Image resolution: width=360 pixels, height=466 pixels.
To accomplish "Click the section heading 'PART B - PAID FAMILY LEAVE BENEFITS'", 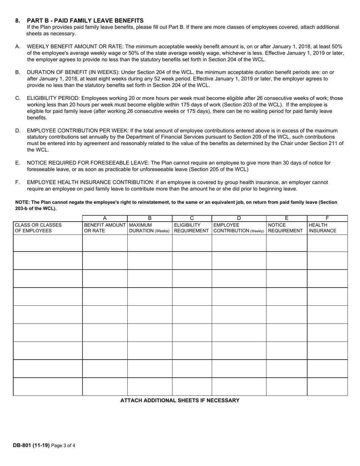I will pyautogui.click(x=85, y=20).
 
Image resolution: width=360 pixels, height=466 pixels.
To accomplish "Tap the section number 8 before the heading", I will pyautogui.click(x=17, y=20).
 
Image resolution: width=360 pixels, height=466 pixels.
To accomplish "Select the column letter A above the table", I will pyautogui.click(x=105, y=218).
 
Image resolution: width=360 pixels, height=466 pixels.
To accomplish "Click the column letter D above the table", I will pyautogui.click(x=239, y=218).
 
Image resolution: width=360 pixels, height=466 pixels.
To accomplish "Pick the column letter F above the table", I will pyautogui.click(x=327, y=218).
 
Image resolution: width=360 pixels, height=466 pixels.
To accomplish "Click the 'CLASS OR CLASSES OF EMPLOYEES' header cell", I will pyautogui.click(x=38, y=228).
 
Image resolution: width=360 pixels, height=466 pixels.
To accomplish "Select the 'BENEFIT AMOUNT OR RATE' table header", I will pyautogui.click(x=105, y=228).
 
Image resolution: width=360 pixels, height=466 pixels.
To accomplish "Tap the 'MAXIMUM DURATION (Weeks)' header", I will pyautogui.click(x=149, y=228).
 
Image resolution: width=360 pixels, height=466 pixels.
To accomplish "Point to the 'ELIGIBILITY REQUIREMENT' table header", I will pyautogui.click(x=191, y=228).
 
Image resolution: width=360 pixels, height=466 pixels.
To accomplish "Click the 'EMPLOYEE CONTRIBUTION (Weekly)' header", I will pyautogui.click(x=239, y=228).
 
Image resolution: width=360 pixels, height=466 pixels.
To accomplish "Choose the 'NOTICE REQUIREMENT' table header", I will pyautogui.click(x=286, y=228).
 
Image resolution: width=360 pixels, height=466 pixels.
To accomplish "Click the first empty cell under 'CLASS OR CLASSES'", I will pyautogui.click(x=48, y=243).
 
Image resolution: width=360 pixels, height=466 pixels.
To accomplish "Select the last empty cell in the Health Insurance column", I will pyautogui.click(x=327, y=386).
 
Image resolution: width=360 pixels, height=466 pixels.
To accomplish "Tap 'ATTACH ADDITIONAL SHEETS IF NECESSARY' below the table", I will pyautogui.click(x=180, y=400).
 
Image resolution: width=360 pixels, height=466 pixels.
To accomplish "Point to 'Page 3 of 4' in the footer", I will pyautogui.click(x=63, y=446).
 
